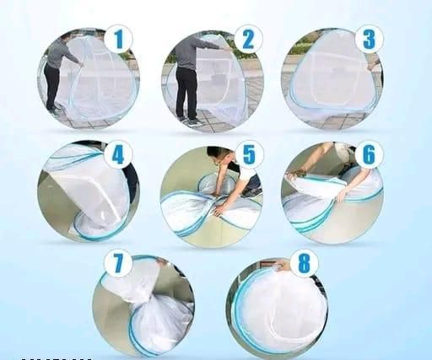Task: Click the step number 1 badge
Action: tap(118, 39)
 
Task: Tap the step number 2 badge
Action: tap(248, 39)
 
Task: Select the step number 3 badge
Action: tap(370, 39)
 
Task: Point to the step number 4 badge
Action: tap(118, 155)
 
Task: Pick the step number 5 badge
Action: tap(249, 154)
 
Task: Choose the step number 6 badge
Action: tap(370, 154)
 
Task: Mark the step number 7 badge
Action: tap(118, 264)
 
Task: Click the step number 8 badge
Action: tap(305, 263)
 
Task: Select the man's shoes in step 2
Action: tap(189, 120)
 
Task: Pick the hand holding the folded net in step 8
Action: tap(280, 266)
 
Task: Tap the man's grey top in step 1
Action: tap(61, 53)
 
